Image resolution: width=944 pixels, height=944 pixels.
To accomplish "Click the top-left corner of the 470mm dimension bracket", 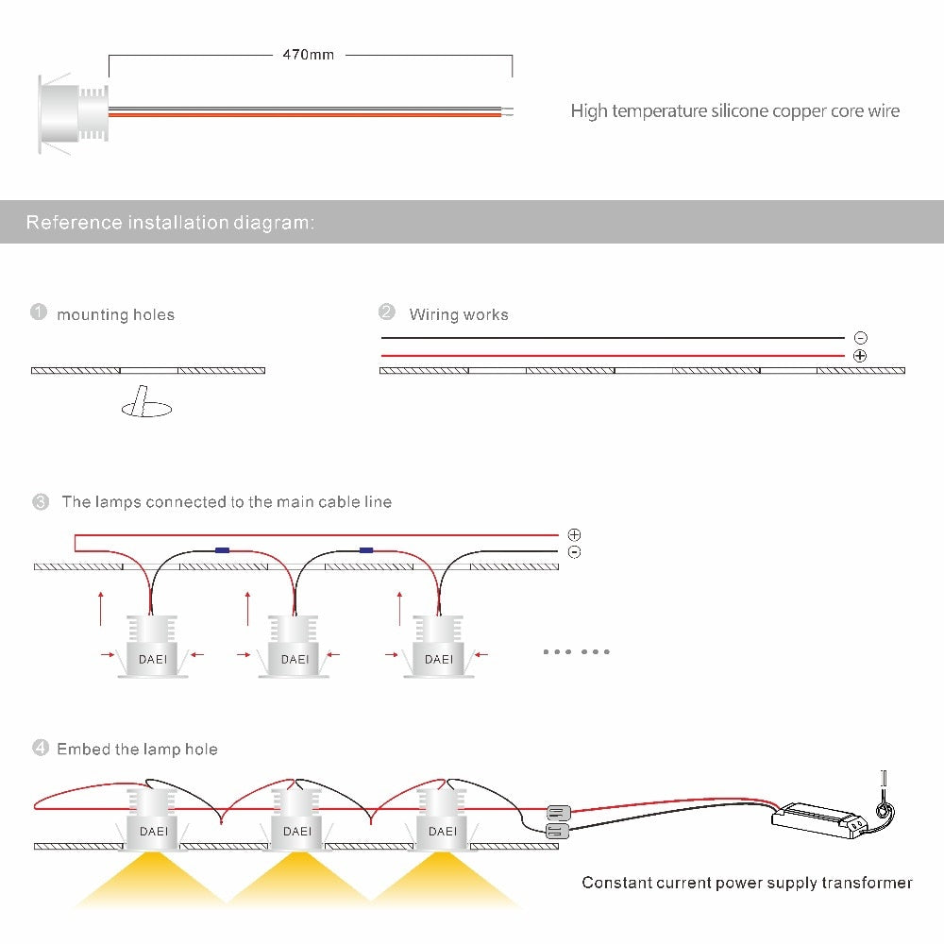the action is pos(109,56).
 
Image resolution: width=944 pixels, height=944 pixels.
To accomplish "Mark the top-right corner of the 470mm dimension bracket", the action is pos(513,56).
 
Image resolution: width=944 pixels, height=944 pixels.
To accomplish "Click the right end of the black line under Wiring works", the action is pos(845,338).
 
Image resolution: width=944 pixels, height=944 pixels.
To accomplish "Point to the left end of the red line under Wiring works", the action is pos(381,356).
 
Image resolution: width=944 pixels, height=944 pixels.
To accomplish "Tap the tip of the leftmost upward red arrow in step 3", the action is pos(101,593).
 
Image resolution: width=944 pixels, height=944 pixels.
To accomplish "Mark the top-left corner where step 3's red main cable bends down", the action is pos(76,534).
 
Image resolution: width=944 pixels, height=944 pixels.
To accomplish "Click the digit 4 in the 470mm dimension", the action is pos(287,55).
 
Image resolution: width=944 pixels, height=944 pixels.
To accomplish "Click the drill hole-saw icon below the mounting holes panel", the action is pos(146,401).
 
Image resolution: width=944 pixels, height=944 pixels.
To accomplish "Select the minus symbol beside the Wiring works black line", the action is pos(861,338).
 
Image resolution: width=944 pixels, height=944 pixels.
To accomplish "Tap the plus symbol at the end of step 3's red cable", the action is pos(574,534).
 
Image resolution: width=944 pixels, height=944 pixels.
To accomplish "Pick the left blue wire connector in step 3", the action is pos(222,549).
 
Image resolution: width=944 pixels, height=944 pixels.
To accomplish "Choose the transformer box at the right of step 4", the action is pos(819,819).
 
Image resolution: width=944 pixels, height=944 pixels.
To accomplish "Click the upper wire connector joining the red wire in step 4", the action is pos(558,814).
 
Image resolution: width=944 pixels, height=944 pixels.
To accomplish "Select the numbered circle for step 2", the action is pos(386,312).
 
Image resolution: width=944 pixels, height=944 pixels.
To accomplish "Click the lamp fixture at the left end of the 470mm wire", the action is pos(73,114).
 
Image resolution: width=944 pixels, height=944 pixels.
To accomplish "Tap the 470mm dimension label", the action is pos(309,55).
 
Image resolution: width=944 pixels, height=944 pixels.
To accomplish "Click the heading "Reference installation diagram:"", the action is pos(170,222).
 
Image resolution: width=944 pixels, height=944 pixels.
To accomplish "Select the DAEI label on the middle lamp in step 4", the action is pos(297,832).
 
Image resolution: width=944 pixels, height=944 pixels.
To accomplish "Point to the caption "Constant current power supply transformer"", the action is pos(747,883).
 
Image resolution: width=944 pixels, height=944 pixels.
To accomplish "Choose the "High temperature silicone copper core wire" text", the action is pos(735,110).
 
